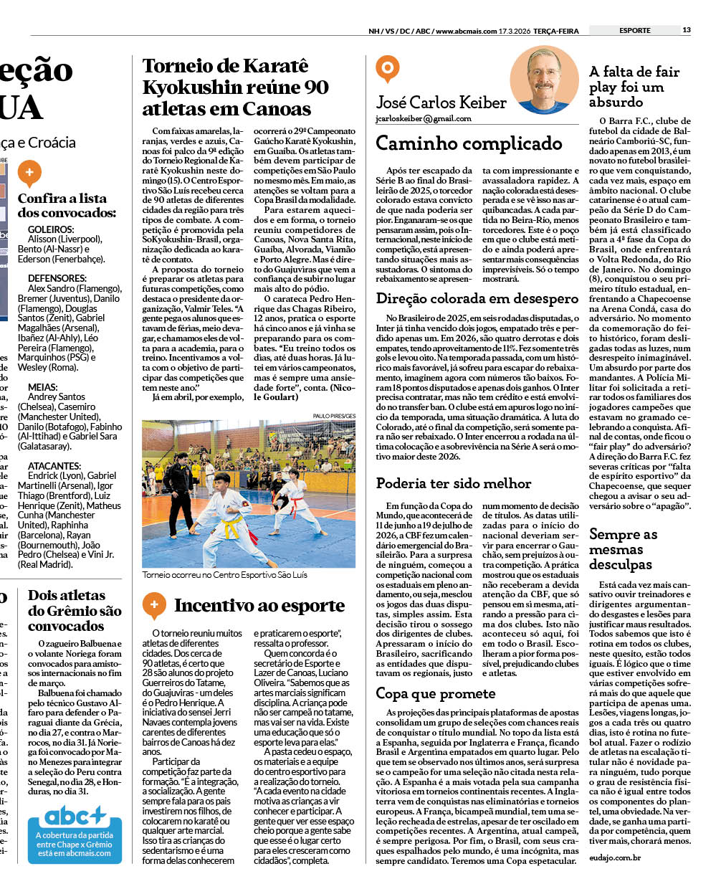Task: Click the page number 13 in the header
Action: (x=687, y=30)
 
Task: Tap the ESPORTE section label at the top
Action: (x=635, y=30)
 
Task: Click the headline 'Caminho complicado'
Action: (x=469, y=143)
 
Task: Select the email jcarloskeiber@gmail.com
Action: (x=424, y=119)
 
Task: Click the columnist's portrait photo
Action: (x=543, y=80)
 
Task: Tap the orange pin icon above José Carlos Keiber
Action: (x=387, y=69)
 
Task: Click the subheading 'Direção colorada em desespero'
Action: (x=477, y=299)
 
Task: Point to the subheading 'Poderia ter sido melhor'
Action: (x=454, y=483)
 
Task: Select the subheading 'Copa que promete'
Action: (x=435, y=693)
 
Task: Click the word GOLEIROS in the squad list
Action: (x=51, y=229)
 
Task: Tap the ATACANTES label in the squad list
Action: (x=54, y=466)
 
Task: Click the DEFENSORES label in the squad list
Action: (x=57, y=278)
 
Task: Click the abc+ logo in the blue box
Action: (x=75, y=816)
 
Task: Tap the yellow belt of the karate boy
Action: (x=229, y=528)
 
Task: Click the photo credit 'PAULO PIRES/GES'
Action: (x=334, y=416)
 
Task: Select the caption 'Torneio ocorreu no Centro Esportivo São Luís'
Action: (x=224, y=575)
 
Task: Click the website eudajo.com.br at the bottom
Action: (x=615, y=857)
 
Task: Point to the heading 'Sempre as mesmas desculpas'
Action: (x=623, y=549)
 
